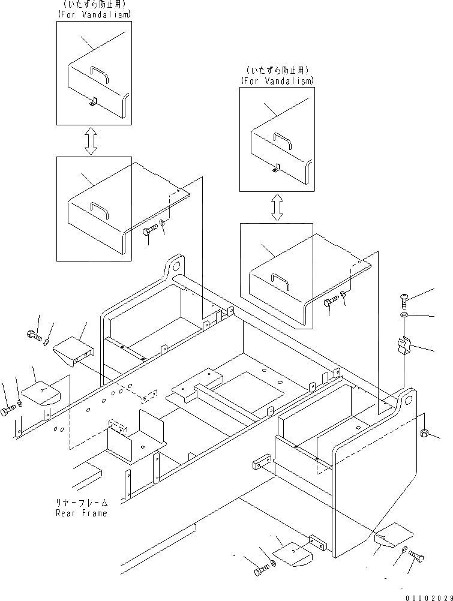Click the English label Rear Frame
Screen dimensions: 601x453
coord(82,513)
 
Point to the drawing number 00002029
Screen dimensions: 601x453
coord(427,597)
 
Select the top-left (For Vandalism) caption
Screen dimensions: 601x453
coord(94,13)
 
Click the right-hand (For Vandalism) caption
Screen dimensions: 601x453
coord(277,80)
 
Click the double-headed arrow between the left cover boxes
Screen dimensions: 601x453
coord(91,140)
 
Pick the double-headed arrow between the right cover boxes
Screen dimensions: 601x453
coord(277,208)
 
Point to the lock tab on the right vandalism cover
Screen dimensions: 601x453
coord(277,169)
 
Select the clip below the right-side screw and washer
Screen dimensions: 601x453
coord(404,347)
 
